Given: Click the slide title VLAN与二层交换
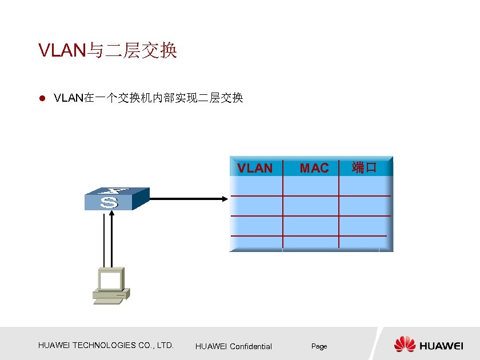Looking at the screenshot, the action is pos(107,51).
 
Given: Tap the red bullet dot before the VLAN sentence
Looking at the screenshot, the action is pos(41,99).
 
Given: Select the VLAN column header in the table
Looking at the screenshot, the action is pos(255,168).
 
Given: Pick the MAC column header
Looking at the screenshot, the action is pos(314,168).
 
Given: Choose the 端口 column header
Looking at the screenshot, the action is pos(364,168).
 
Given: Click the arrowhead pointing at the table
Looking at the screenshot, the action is pos(224,199).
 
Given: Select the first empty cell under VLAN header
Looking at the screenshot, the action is pos(255,186).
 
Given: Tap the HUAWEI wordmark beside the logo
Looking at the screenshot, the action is pos(441,346).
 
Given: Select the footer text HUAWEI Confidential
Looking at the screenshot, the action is pos(233,346).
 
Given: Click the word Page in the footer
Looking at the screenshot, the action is pos(319,346).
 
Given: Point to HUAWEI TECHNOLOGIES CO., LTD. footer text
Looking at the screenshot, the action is pos(106,345).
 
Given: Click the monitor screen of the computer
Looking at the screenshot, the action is pos(111,279).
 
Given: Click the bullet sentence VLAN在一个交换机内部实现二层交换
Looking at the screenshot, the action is pos(148,98).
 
